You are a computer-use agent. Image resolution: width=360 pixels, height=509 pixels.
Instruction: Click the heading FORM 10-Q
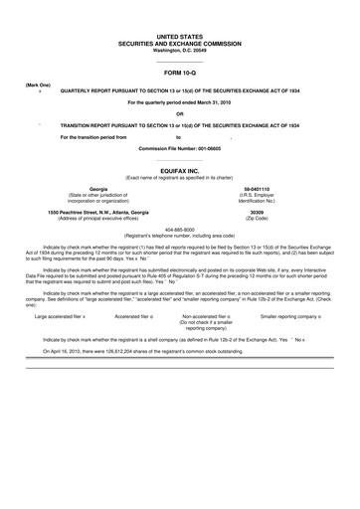pyautogui.click(x=180, y=74)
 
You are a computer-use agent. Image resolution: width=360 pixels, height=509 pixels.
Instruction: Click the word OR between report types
pyautogui.click(x=180, y=112)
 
